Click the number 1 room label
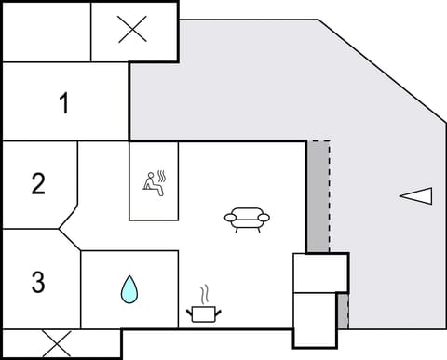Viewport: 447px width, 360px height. (63, 104)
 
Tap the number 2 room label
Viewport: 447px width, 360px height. (38, 183)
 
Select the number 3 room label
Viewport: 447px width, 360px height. (38, 282)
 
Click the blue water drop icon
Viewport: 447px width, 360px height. (129, 290)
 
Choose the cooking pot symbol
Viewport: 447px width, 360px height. (203, 313)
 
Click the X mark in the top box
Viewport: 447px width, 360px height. (133, 31)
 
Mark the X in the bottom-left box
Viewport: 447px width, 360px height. (58, 344)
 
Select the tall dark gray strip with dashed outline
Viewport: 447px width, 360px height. (318, 196)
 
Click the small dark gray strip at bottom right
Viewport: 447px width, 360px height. (342, 311)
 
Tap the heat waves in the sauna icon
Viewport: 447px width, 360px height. (162, 176)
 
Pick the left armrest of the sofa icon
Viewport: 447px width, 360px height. (230, 218)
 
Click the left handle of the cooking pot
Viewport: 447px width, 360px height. (190, 310)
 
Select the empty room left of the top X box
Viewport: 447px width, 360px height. (47, 31)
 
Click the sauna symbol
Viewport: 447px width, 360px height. (154, 181)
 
